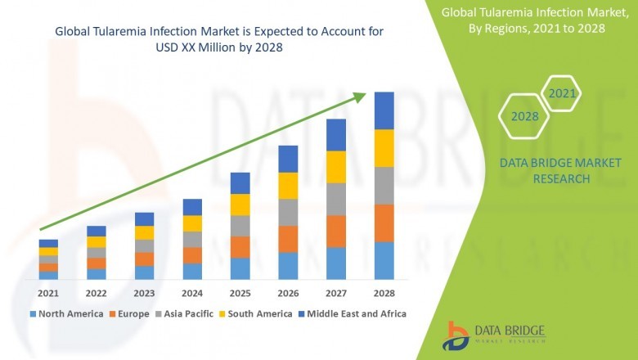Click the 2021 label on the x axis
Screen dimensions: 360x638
tap(48, 293)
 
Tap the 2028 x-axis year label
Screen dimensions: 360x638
tap(384, 293)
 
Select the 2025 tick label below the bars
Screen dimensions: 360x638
tap(240, 293)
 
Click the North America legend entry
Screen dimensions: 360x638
tap(66, 313)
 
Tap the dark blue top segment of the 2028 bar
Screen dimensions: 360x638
tap(384, 110)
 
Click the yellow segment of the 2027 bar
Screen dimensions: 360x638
tap(336, 167)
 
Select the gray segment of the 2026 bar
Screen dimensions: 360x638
tap(288, 212)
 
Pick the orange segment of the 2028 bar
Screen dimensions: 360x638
tap(384, 223)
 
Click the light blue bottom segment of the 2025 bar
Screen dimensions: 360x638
tap(240, 269)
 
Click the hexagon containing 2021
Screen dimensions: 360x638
tap(562, 94)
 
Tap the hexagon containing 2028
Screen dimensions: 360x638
tap(524, 116)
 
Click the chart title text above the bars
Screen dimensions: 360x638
tap(218, 39)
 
